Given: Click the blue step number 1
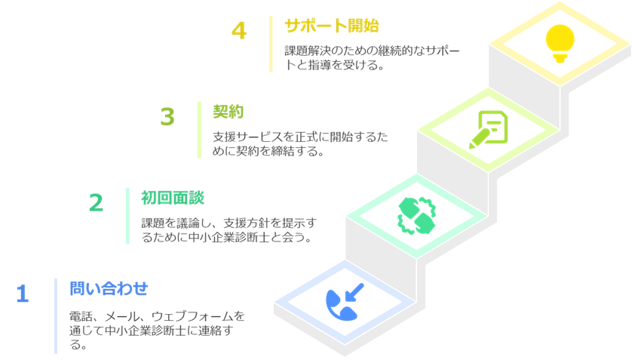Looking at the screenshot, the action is pyautogui.click(x=23, y=294).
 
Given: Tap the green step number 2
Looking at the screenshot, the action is pyautogui.click(x=96, y=203).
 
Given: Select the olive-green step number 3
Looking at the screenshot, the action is pyautogui.click(x=167, y=117).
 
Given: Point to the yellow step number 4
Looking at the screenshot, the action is pyautogui.click(x=239, y=31).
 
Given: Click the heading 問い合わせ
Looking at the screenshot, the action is pyautogui.click(x=109, y=288).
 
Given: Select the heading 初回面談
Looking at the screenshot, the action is pyautogui.click(x=173, y=198).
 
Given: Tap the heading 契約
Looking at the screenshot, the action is pyautogui.click(x=228, y=112).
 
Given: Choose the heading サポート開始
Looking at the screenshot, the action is pyautogui.click(x=332, y=26).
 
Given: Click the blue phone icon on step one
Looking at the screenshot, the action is pyautogui.click(x=341, y=305).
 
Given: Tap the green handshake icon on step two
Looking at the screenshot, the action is pyautogui.click(x=417, y=216).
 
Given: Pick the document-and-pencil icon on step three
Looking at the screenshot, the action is pyautogui.click(x=488, y=129).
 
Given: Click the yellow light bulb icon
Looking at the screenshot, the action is pyautogui.click(x=560, y=43).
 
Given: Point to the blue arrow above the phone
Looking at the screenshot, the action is pyautogui.click(x=354, y=292).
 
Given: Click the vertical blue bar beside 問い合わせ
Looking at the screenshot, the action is pyautogui.click(x=56, y=316).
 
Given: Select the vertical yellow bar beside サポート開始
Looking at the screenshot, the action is pyautogui.click(x=271, y=44).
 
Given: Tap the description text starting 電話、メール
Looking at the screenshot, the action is pyautogui.click(x=157, y=330).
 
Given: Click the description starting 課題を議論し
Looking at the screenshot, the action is pyautogui.click(x=229, y=229).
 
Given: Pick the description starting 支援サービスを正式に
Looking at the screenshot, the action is pyautogui.click(x=300, y=144).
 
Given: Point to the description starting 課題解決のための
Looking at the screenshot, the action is pyautogui.click(x=372, y=57).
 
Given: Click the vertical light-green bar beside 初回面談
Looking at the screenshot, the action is pyautogui.click(x=127, y=216).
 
